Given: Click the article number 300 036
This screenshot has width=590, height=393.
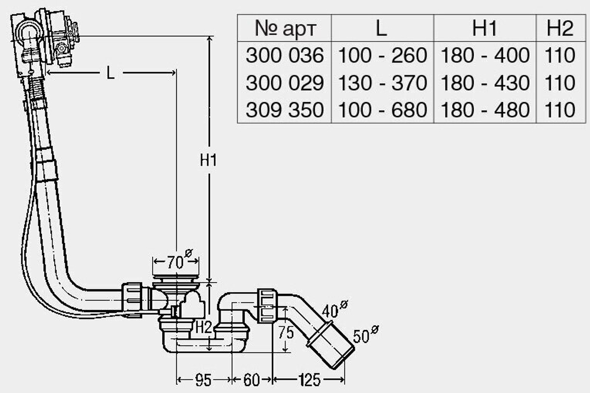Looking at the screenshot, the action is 284,55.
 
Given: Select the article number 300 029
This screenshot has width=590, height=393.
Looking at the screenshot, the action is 284,82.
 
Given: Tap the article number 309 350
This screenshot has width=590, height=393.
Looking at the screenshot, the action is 284,110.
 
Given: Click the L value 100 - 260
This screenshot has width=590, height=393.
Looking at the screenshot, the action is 382,55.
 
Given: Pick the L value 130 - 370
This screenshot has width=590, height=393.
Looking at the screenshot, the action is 382,82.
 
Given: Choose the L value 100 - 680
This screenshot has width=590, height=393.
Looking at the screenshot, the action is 382,110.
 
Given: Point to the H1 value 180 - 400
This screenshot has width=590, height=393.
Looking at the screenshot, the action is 484,55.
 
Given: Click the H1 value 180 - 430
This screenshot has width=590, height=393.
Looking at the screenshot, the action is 484,82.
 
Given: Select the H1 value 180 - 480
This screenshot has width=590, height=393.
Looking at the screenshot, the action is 484,110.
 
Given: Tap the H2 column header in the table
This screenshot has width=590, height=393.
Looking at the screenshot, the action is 560,28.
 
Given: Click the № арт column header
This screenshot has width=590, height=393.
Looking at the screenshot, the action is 286,28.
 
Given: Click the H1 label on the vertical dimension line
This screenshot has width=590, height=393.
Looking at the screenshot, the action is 208,160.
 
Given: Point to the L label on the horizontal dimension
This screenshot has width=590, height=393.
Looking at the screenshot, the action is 110,72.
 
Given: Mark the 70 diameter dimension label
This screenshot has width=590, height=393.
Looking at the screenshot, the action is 179,260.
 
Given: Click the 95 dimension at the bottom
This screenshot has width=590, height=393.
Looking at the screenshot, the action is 203,380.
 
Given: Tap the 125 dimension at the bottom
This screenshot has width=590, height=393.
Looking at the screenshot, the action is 310,380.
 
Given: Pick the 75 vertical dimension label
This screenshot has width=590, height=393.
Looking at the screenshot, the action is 286,332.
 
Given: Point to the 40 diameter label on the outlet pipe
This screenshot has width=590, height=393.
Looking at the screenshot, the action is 335,309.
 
